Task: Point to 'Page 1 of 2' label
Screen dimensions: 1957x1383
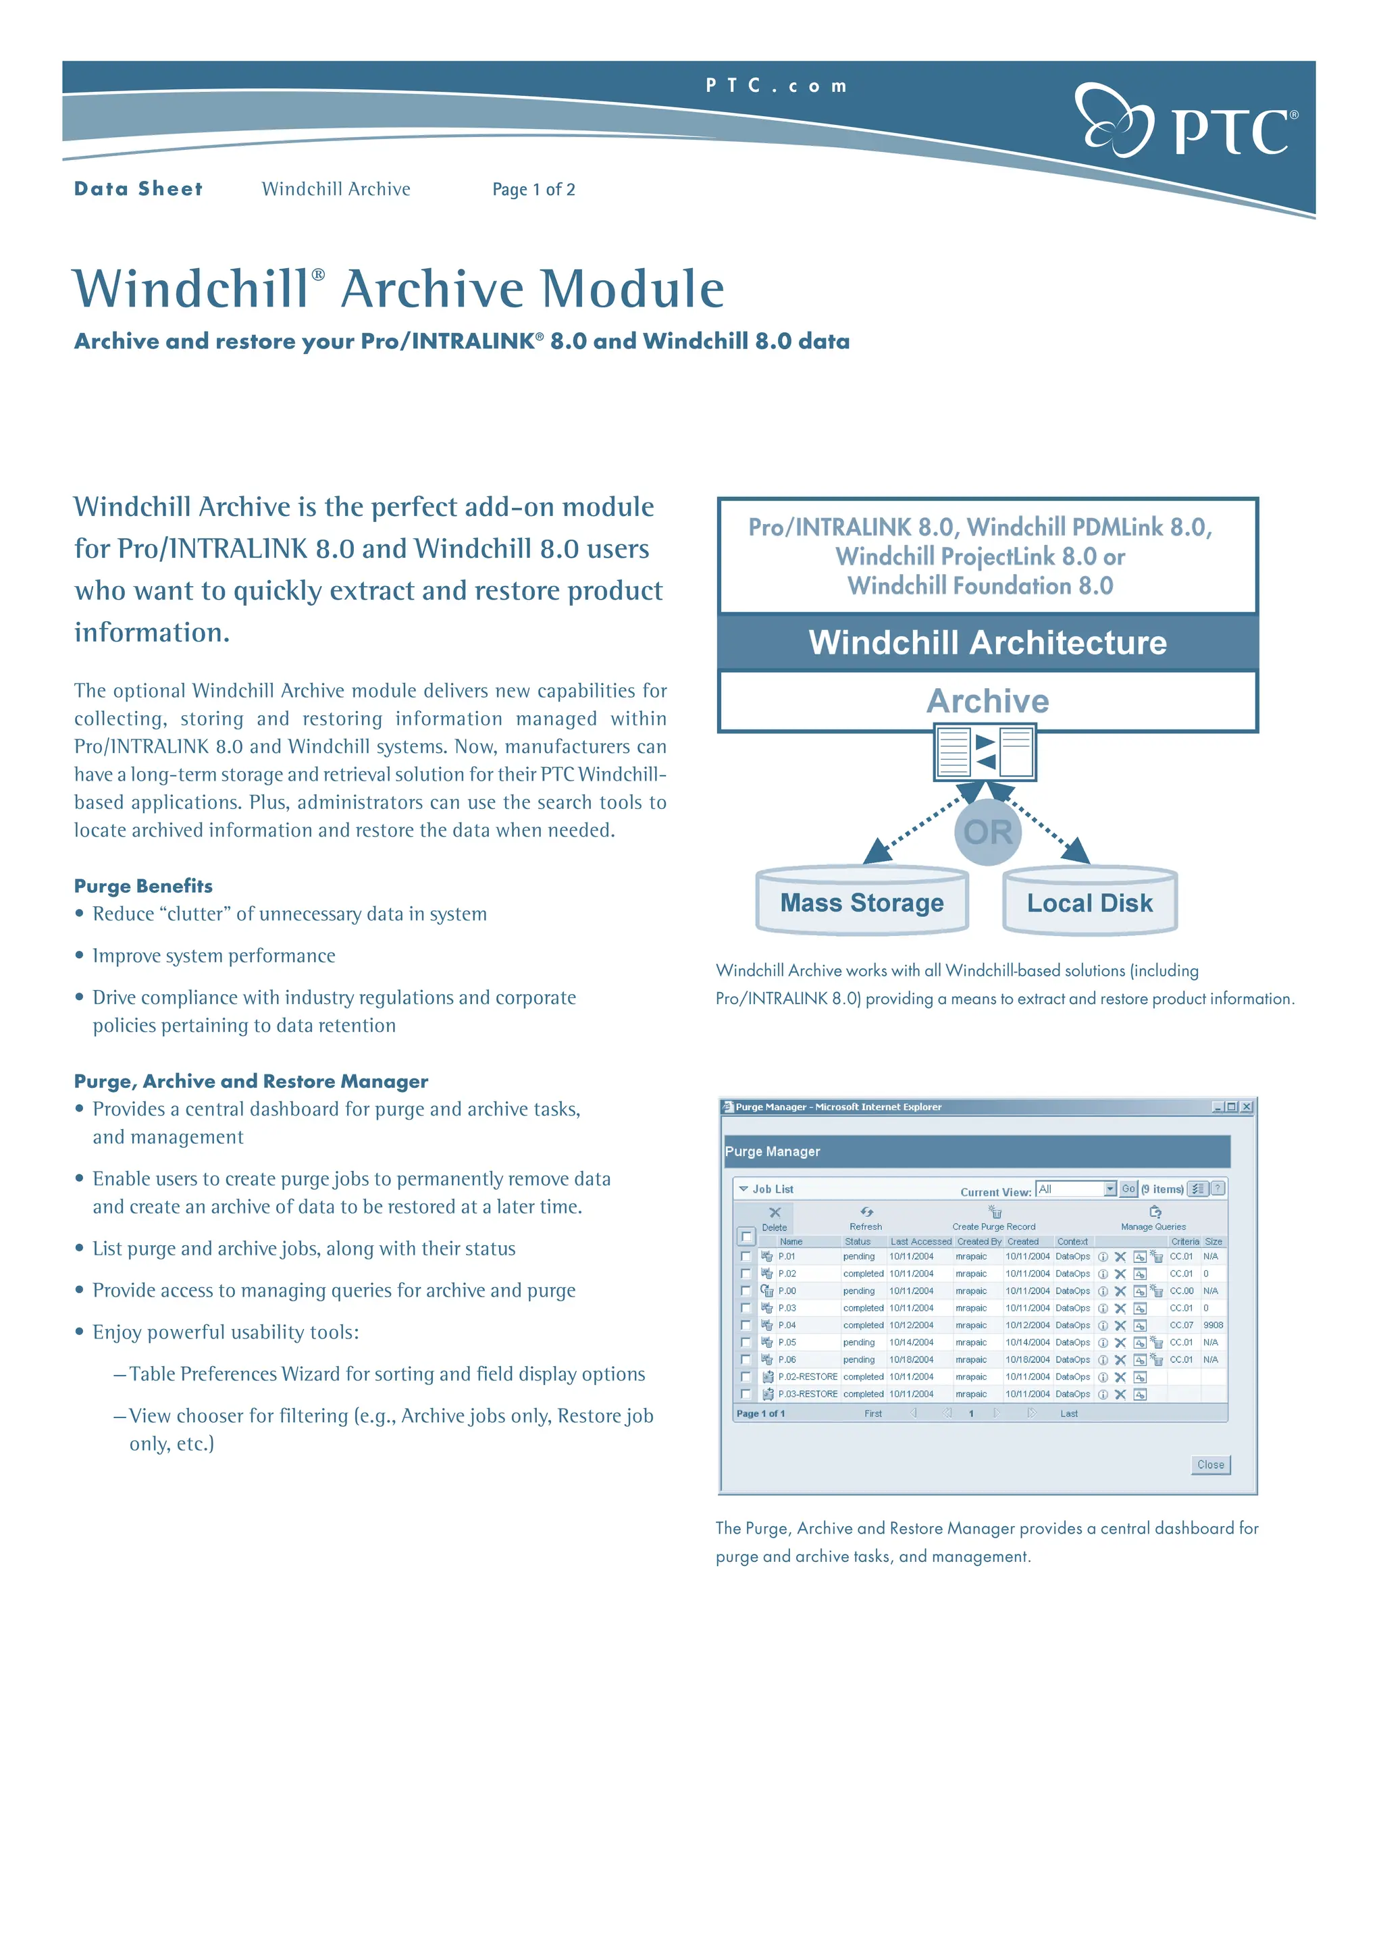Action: pyautogui.click(x=533, y=189)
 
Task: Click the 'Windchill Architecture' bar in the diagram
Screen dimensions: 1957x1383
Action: pyautogui.click(x=987, y=643)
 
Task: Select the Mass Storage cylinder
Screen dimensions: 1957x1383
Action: pyautogui.click(x=862, y=902)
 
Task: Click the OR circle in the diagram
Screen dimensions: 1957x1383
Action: pyautogui.click(x=987, y=832)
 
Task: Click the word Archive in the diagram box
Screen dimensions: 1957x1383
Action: pyautogui.click(x=987, y=701)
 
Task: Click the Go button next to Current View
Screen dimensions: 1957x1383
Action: pyautogui.click(x=1128, y=1189)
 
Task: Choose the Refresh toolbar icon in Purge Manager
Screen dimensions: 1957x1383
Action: pyautogui.click(x=866, y=1212)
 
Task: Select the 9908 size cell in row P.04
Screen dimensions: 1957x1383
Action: pyautogui.click(x=1213, y=1326)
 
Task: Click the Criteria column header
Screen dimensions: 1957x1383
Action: pyautogui.click(x=1184, y=1242)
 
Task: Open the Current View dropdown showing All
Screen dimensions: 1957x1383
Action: pyautogui.click(x=1110, y=1189)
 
